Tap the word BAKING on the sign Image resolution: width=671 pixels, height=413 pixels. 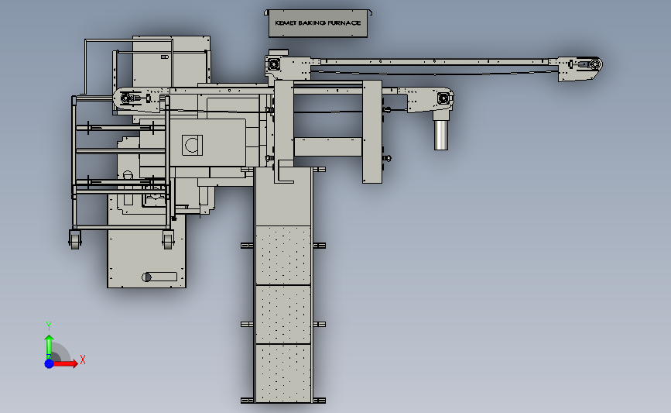[312, 23]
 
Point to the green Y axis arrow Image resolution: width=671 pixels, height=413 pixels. [49, 347]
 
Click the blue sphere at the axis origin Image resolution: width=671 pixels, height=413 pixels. [50, 363]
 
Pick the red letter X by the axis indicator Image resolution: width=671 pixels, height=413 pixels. [83, 360]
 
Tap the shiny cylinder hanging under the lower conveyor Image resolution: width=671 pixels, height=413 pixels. [441, 135]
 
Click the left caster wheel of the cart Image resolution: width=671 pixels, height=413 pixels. [75, 240]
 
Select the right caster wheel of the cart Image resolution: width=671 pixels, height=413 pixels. [168, 240]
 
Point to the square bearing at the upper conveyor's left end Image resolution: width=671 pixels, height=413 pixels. [273, 64]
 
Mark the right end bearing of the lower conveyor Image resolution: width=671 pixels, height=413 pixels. [443, 99]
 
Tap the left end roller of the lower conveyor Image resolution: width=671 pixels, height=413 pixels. [126, 98]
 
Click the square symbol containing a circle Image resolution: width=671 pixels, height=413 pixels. [192, 145]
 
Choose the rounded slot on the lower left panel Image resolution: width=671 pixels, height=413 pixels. [159, 277]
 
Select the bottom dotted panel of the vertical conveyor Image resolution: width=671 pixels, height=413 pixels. [282, 373]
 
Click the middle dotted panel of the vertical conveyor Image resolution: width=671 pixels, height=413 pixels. [282, 315]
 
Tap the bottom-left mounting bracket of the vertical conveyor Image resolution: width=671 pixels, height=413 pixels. [248, 401]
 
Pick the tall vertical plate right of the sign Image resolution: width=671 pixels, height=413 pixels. [371, 132]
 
